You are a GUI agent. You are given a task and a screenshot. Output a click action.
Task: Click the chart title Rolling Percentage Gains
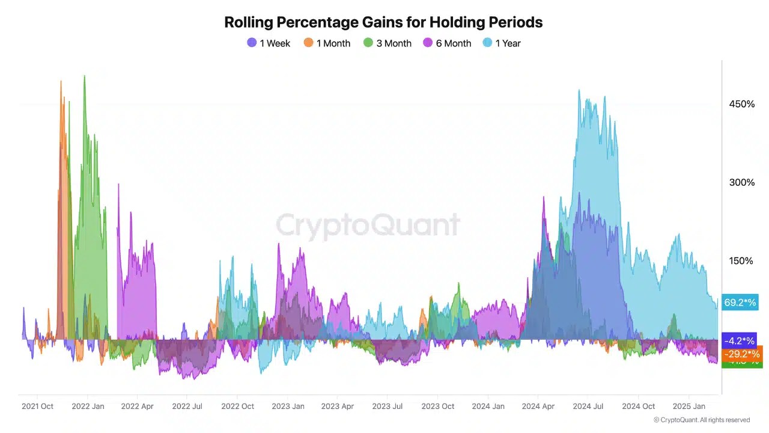point(383,22)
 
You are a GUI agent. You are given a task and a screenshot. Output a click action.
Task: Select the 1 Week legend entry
point(269,43)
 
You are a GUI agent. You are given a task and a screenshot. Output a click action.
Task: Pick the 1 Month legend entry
point(327,43)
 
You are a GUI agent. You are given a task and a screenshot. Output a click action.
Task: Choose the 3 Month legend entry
point(388,43)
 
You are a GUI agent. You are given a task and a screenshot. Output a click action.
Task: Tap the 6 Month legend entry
point(447,43)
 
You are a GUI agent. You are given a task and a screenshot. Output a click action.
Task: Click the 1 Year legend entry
point(502,43)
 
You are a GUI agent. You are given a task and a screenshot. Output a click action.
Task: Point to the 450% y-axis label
point(742,104)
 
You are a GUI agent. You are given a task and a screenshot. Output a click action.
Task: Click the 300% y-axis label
point(742,182)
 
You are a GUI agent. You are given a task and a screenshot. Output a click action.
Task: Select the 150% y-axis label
point(742,260)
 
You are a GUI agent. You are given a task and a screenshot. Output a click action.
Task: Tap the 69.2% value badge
point(740,302)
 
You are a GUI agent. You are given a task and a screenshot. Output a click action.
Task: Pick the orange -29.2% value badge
point(742,354)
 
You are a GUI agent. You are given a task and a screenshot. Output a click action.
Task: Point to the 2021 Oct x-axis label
point(38,407)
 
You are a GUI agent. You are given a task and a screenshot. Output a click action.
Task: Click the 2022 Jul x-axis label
point(187,407)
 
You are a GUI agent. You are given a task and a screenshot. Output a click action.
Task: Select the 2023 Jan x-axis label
point(288,407)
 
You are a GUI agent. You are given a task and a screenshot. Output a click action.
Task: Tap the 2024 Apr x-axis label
point(538,407)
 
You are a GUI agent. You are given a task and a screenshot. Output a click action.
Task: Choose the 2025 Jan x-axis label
point(689,407)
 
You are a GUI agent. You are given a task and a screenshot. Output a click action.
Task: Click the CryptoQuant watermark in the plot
point(368,225)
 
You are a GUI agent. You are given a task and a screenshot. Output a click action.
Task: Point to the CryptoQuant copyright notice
point(701,420)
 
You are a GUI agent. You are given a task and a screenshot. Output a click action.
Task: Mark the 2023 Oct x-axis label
point(438,407)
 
